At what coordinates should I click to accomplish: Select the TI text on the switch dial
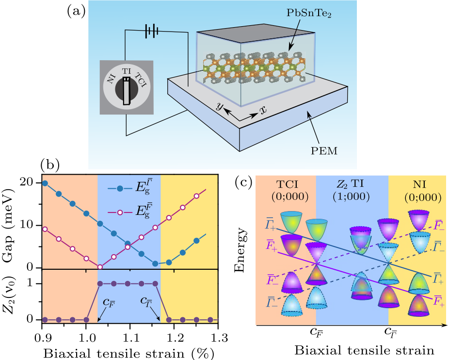pos(127,71)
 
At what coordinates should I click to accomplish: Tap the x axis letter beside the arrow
pos(263,110)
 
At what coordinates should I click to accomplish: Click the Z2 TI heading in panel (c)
pos(352,185)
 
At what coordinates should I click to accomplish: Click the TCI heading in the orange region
pos(285,185)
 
